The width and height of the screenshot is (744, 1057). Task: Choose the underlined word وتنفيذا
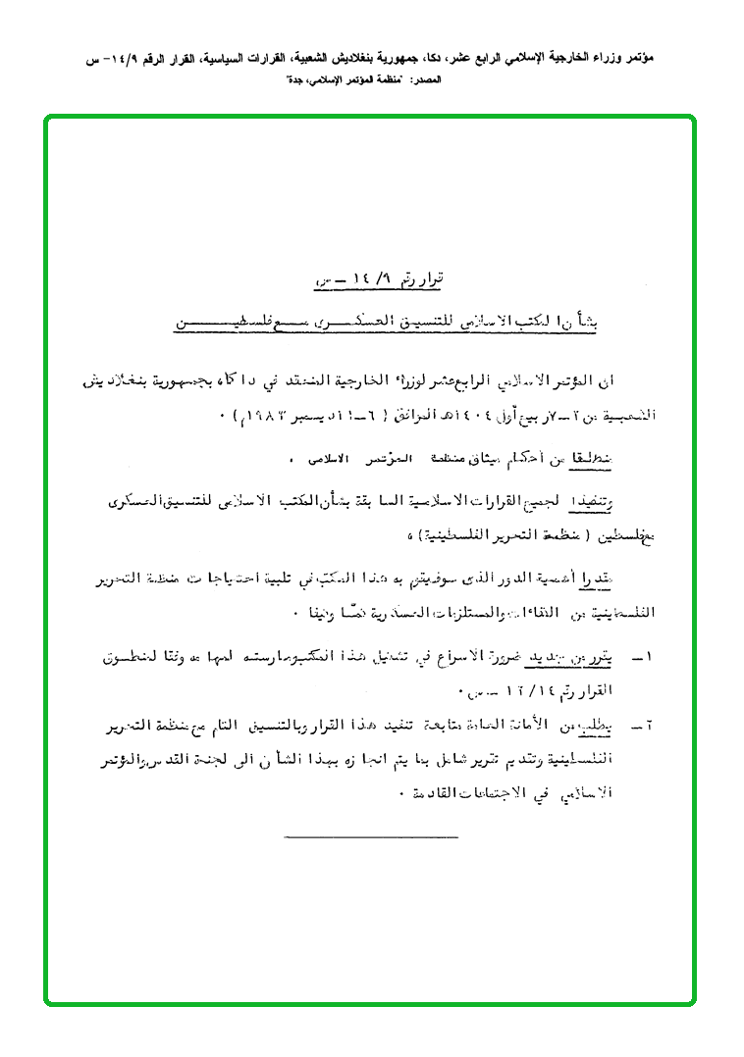tap(621, 502)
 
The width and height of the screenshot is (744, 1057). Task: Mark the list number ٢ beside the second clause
tap(649, 726)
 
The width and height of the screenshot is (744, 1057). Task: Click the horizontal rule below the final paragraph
tap(371, 836)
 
